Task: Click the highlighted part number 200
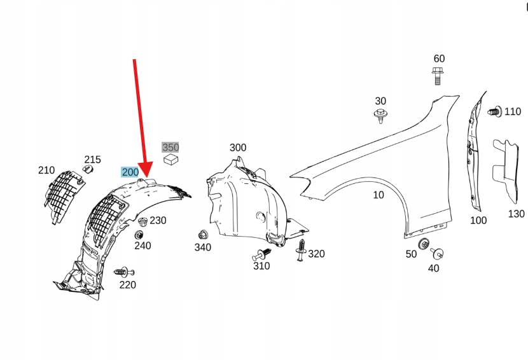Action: click(130, 172)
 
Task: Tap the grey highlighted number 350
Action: click(170, 148)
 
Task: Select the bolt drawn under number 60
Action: click(438, 76)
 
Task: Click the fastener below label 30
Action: click(380, 116)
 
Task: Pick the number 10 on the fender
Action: click(379, 195)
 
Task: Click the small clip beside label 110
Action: click(494, 111)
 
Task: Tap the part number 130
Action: click(516, 214)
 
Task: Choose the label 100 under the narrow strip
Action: click(478, 220)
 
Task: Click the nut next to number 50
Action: click(424, 244)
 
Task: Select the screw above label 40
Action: click(437, 254)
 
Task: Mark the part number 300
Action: click(237, 148)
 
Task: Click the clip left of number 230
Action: click(142, 222)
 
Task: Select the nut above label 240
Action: click(139, 235)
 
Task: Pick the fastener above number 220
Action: click(122, 272)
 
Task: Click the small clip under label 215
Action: click(89, 170)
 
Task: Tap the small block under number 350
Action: click(170, 160)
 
